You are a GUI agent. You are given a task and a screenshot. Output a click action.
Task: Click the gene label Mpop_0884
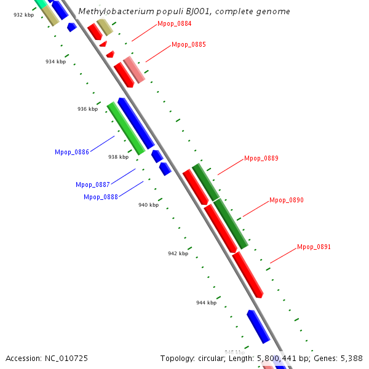(174, 24)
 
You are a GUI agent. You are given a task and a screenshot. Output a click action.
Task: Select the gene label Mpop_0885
(189, 45)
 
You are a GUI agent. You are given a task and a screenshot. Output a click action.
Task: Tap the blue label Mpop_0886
(72, 152)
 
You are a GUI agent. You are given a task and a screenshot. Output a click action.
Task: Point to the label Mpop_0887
(93, 184)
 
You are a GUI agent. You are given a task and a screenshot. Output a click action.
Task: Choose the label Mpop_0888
(101, 197)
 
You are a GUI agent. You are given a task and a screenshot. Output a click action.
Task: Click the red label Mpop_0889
(261, 159)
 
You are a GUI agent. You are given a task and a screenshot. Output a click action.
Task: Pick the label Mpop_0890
(287, 200)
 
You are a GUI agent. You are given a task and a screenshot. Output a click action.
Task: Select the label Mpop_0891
(314, 247)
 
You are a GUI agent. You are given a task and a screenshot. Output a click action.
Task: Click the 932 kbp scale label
(23, 15)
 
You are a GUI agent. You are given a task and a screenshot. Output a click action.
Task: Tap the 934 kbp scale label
(55, 61)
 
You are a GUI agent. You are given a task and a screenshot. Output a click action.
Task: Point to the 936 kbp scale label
(87, 109)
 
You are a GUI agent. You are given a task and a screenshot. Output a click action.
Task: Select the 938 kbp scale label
(118, 157)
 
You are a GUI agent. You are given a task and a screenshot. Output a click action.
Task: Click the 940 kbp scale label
(148, 205)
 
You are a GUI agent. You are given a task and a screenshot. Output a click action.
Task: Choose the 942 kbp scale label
(178, 253)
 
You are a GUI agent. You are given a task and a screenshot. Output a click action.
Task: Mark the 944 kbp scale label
(206, 303)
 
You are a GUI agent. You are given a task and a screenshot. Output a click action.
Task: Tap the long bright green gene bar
(126, 129)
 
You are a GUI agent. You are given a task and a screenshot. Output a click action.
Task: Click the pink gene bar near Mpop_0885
(134, 69)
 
